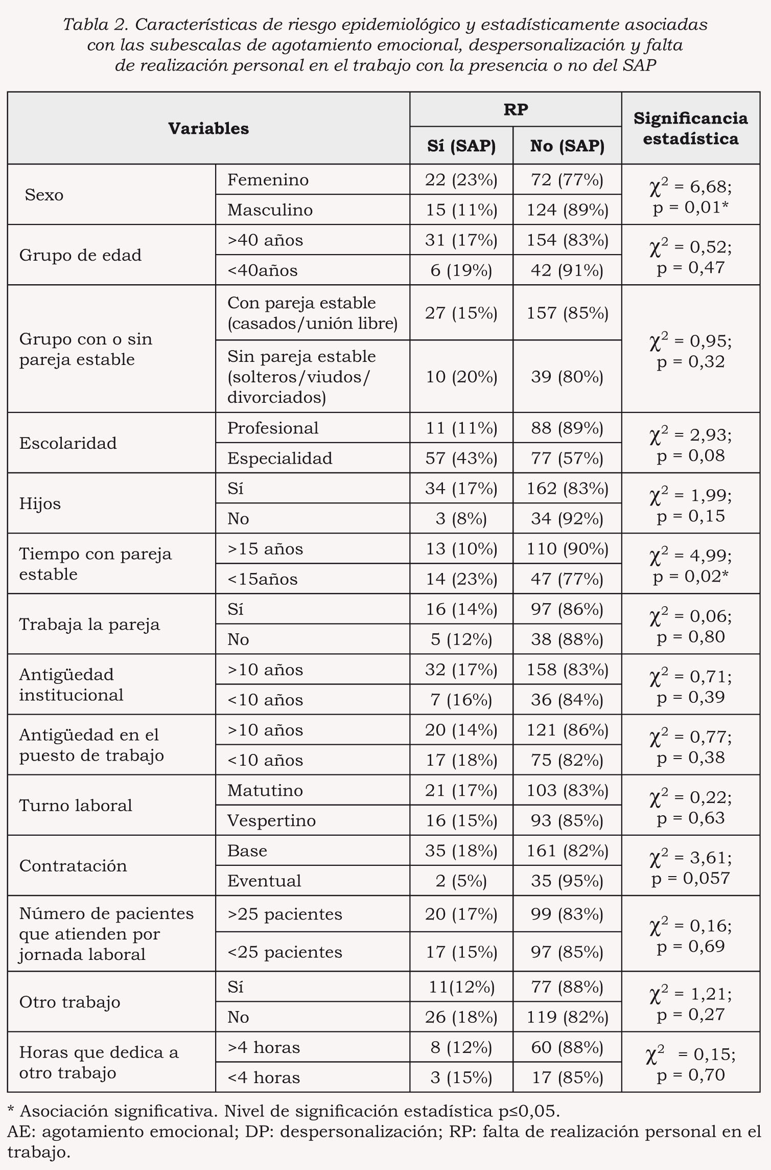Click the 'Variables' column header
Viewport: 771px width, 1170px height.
pyautogui.click(x=208, y=128)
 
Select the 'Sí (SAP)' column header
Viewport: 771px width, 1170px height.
pyautogui.click(x=461, y=146)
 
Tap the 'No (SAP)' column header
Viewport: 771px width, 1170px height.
pyautogui.click(x=567, y=146)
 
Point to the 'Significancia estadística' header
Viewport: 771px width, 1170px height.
pyautogui.click(x=690, y=128)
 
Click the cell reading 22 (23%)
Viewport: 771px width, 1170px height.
pyautogui.click(x=461, y=180)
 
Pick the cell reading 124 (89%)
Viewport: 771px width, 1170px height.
pyautogui.click(x=567, y=210)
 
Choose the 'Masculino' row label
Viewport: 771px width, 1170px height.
pyautogui.click(x=270, y=210)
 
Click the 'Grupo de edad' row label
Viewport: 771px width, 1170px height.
pyautogui.click(x=80, y=255)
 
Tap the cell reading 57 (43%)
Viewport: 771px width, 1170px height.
pyautogui.click(x=461, y=458)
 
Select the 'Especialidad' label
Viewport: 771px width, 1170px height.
pyautogui.click(x=279, y=458)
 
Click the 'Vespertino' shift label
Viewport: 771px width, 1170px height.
pyautogui.click(x=271, y=821)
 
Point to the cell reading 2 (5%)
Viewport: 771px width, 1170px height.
pyautogui.click(x=461, y=881)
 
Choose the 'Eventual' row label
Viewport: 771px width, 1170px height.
pyautogui.click(x=264, y=881)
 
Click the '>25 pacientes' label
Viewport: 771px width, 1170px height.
pyautogui.click(x=285, y=914)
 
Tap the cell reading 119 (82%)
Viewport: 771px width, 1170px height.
pyautogui.click(x=567, y=1017)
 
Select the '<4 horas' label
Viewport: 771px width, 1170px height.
pyautogui.click(x=264, y=1077)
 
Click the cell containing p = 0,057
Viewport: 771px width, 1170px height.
pyautogui.click(x=690, y=879)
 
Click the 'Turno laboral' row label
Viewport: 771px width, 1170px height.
pyautogui.click(x=76, y=806)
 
